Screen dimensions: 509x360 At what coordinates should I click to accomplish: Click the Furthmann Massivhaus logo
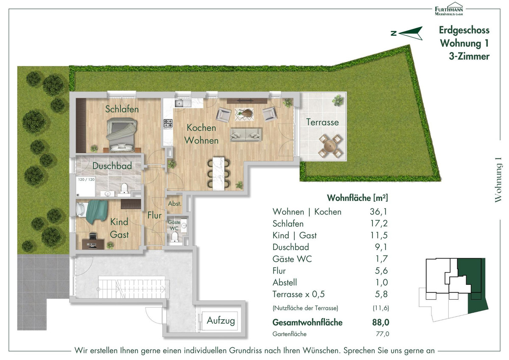point(449,9)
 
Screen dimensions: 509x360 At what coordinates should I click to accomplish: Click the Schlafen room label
point(122,109)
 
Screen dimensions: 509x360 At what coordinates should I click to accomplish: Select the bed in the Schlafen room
point(122,135)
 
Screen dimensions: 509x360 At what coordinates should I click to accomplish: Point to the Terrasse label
point(322,122)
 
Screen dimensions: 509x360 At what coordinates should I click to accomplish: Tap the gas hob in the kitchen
point(168,124)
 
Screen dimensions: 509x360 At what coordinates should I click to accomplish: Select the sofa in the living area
point(246,135)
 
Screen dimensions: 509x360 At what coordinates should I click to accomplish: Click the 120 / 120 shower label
point(87,180)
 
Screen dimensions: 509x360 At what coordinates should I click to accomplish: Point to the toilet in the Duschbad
point(124,188)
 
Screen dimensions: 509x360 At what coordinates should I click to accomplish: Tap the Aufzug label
point(221,321)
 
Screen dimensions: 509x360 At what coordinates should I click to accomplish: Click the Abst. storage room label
point(175,204)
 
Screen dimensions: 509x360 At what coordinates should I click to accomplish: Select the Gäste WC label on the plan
point(174,225)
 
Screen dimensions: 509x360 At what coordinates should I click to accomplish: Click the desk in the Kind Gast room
point(93,244)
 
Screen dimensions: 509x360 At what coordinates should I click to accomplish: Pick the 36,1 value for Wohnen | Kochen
point(378,212)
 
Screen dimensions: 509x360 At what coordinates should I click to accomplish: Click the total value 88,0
point(380,323)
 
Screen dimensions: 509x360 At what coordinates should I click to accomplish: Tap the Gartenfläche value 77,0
point(383,334)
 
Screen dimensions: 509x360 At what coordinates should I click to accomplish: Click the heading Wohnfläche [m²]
point(358,198)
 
